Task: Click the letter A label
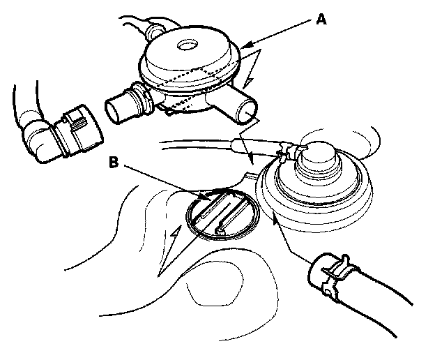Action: tap(321, 20)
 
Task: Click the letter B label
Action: tap(114, 162)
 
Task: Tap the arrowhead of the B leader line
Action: tap(206, 197)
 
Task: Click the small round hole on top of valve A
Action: tap(188, 45)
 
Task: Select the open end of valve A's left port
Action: tap(112, 112)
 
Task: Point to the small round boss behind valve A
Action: tap(155, 31)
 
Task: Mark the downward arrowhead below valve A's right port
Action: tap(252, 160)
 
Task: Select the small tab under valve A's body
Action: tap(169, 112)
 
